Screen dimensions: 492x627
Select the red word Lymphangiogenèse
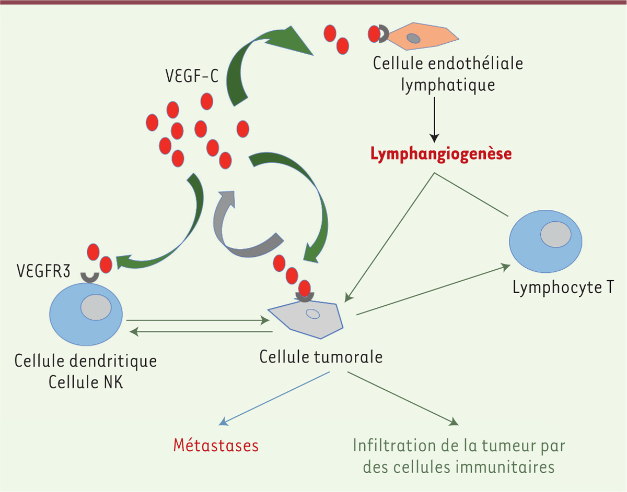[x=440, y=154]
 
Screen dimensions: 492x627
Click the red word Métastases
[x=216, y=446]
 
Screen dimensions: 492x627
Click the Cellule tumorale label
[x=321, y=358]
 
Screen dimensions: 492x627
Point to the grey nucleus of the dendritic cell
[x=96, y=307]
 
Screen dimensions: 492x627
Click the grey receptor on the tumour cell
[x=303, y=297]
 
